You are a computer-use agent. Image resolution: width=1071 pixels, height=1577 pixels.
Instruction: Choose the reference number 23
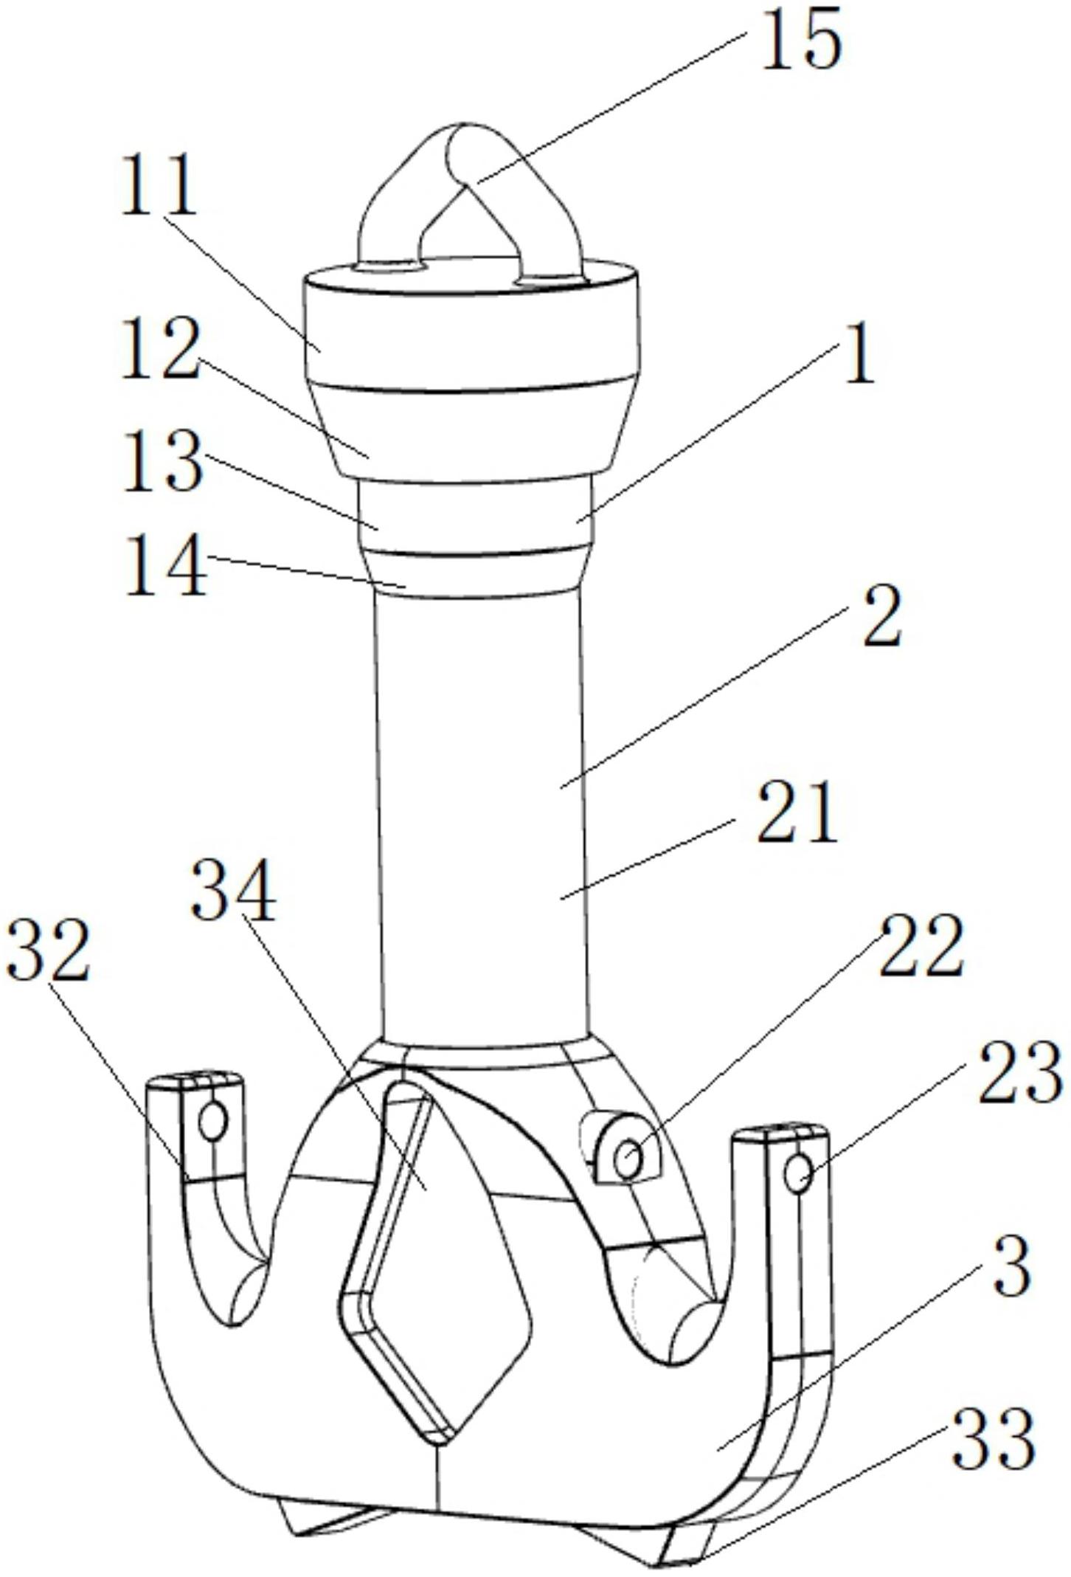pos(1021,1073)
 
